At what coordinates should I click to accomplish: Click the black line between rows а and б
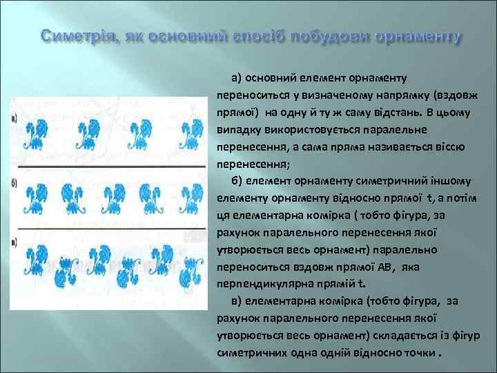(110, 168)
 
